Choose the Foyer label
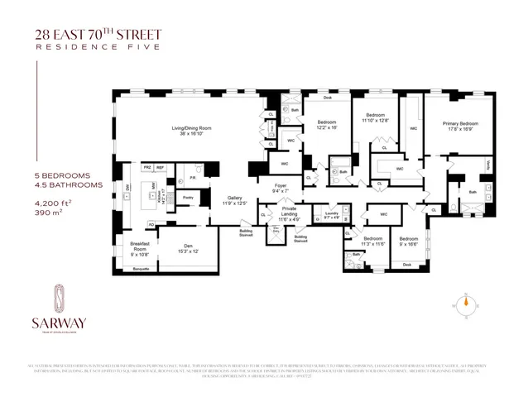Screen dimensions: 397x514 pos(281,188)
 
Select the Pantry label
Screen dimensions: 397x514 pos(188,198)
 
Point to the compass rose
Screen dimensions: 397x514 pos(465,303)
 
